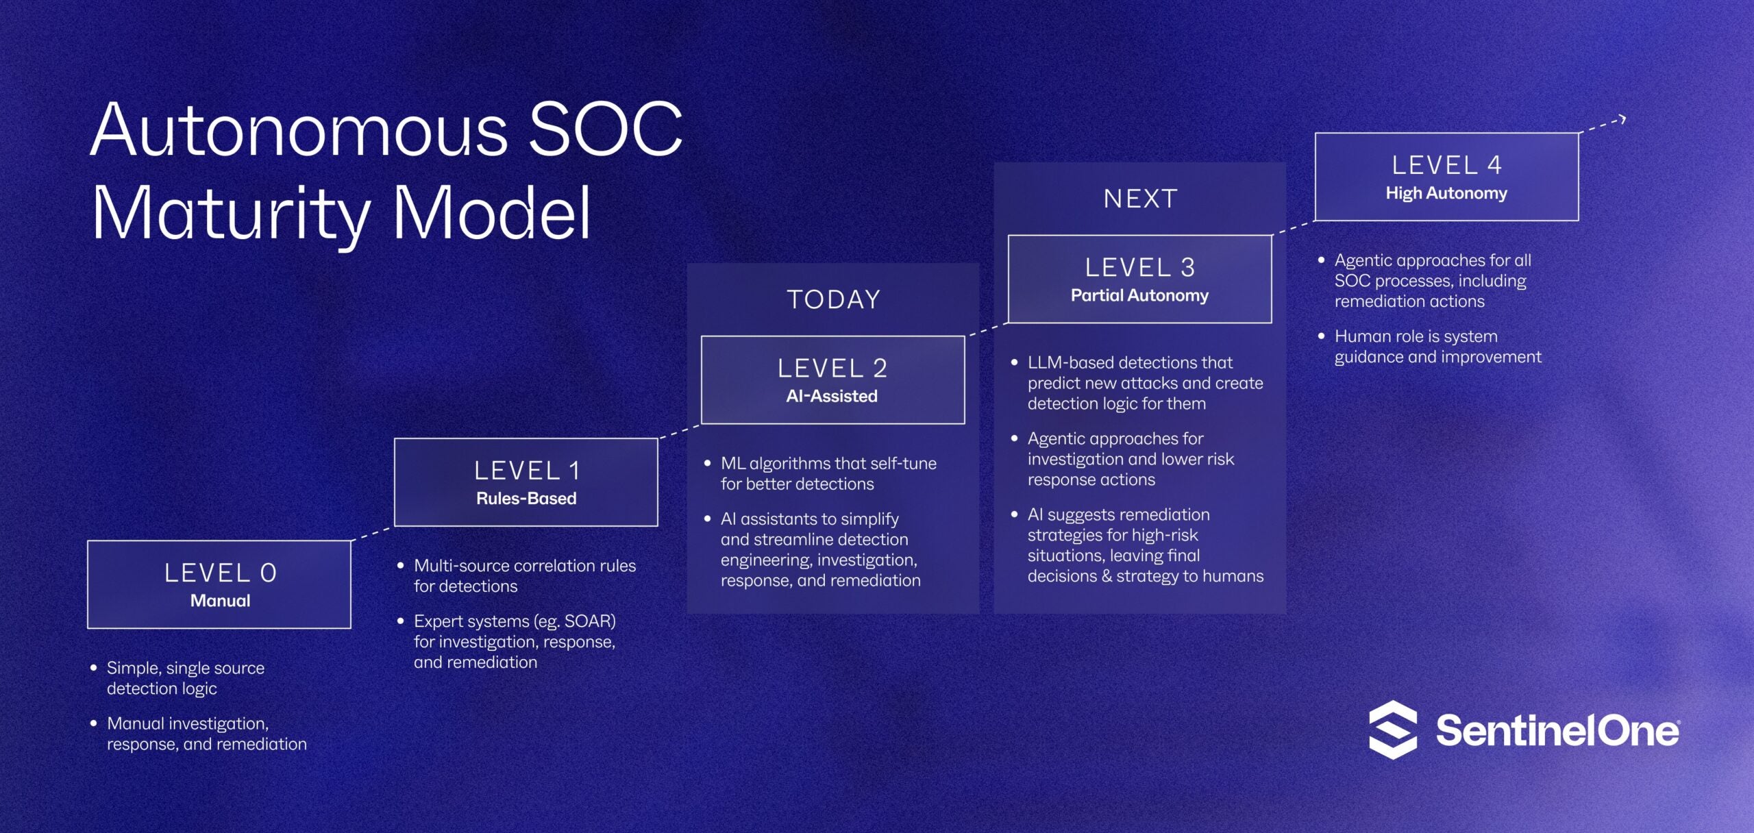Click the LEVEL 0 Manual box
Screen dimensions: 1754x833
(x=219, y=584)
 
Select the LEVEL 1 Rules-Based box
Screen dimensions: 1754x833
(x=526, y=482)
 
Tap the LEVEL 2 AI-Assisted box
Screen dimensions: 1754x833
(x=833, y=380)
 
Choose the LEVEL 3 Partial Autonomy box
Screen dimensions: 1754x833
(x=1140, y=279)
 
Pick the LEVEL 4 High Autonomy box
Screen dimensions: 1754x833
(x=1447, y=177)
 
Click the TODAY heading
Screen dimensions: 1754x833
(x=833, y=299)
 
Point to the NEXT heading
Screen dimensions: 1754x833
(x=1140, y=199)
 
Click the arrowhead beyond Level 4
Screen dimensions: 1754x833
(x=1622, y=119)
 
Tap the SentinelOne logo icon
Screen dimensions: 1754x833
(x=1393, y=730)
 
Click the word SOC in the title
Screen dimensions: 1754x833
(x=606, y=129)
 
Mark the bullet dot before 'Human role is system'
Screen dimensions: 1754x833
(x=1322, y=336)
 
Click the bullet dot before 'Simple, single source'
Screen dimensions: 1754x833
(x=94, y=667)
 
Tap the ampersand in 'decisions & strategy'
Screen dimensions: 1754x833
(x=1107, y=576)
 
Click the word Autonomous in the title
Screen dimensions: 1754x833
(x=300, y=129)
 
